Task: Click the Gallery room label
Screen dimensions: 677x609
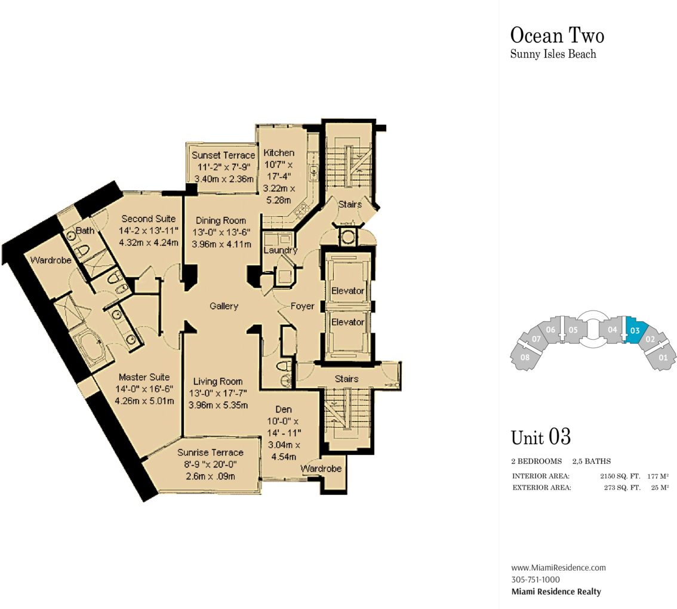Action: tap(224, 306)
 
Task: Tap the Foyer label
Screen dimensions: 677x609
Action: tap(302, 306)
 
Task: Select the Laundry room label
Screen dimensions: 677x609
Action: tap(280, 250)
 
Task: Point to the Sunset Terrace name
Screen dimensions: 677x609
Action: tap(223, 155)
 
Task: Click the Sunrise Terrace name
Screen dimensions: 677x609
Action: tap(210, 453)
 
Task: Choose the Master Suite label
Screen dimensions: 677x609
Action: tap(144, 377)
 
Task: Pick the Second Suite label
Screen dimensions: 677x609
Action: tap(149, 219)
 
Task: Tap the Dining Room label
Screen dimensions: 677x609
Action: tap(221, 221)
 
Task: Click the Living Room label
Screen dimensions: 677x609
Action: tap(217, 382)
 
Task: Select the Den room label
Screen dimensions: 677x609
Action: tap(284, 410)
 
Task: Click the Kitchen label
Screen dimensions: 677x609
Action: tap(279, 153)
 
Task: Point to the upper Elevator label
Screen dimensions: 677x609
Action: tap(347, 291)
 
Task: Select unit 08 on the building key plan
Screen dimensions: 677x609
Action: tap(525, 356)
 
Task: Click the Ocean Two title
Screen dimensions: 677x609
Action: tap(557, 35)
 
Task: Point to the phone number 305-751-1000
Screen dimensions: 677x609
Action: tap(536, 580)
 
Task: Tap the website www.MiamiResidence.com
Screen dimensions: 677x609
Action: tap(558, 568)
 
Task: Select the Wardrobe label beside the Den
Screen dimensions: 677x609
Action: tap(321, 469)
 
